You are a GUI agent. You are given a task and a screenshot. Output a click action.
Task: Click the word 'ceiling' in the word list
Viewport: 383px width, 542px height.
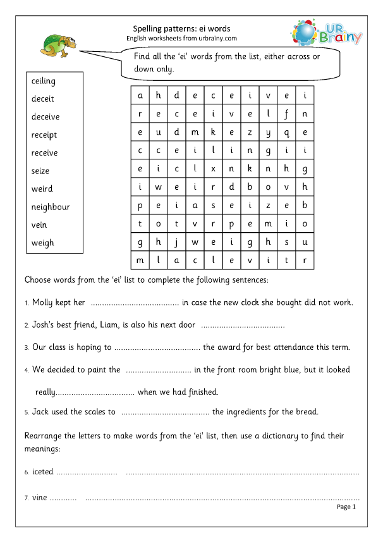click(x=44, y=81)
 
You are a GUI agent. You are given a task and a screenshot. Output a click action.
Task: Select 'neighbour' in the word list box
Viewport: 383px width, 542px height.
click(x=51, y=207)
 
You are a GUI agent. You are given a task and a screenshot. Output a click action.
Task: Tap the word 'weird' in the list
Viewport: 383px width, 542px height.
click(x=42, y=188)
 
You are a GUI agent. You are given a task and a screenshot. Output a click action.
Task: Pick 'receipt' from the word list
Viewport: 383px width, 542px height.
click(x=44, y=135)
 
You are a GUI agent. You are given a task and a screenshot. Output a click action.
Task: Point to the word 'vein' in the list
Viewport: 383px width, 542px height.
click(x=39, y=225)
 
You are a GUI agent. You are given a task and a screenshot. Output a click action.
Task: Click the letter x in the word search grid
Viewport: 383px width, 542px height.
click(x=214, y=169)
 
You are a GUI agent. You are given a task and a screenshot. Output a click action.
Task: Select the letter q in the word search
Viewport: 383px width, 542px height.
click(x=286, y=132)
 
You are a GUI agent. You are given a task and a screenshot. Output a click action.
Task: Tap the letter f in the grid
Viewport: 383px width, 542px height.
click(x=286, y=114)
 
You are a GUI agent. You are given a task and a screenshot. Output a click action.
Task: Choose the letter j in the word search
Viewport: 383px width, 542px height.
click(x=177, y=242)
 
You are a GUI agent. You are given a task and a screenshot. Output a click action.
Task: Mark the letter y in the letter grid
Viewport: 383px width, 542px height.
click(x=268, y=132)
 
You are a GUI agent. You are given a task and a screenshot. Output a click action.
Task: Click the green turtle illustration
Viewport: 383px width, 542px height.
click(x=58, y=44)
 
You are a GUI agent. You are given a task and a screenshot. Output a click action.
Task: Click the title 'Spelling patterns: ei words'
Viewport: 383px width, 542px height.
click(x=181, y=28)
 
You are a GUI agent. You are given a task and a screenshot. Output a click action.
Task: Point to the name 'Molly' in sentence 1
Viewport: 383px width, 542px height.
click(x=43, y=302)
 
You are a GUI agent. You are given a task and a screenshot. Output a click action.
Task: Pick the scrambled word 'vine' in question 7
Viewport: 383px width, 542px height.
click(x=39, y=498)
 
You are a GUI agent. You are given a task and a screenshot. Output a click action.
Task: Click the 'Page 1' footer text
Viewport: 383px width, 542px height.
click(x=346, y=507)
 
